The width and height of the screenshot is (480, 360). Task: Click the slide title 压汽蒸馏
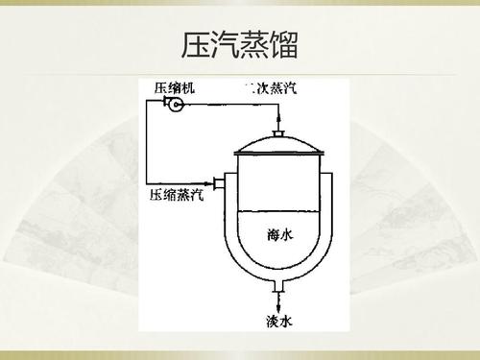click(240, 43)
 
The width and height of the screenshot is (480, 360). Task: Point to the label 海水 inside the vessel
click(278, 233)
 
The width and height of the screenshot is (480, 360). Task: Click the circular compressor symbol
click(176, 104)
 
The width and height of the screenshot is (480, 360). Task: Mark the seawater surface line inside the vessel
click(278, 211)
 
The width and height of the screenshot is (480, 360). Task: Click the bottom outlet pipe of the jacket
click(278, 285)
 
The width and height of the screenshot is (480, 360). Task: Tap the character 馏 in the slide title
click(284, 43)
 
